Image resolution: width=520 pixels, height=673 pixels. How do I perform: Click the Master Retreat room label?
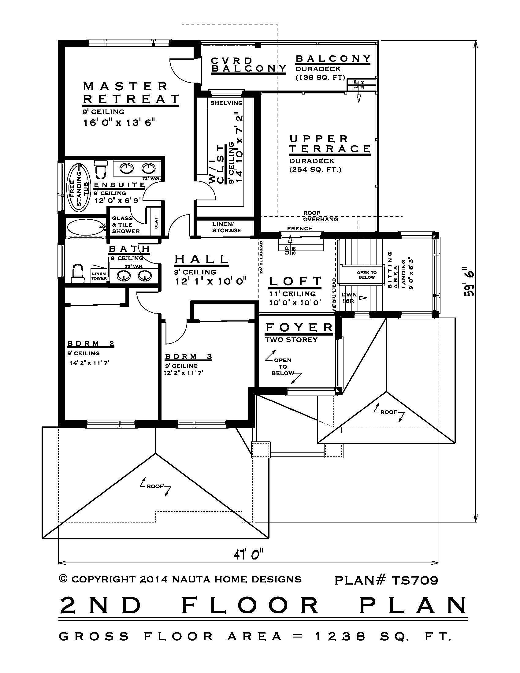pos(131,92)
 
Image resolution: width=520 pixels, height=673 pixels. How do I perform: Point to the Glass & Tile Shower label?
pos(126,225)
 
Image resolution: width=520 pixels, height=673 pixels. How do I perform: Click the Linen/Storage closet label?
pos(226,227)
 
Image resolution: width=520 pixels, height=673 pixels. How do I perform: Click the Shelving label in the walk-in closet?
pos(226,103)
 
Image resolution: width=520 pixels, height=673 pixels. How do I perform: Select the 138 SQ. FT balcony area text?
pos(320,78)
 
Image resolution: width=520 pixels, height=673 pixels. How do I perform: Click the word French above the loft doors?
pos(300,228)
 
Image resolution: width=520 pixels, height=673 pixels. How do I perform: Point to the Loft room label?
pos(295,281)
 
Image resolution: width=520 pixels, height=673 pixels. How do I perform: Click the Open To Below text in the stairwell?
pos(366,275)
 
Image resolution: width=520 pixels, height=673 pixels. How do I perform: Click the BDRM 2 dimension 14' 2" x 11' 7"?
pos(90,363)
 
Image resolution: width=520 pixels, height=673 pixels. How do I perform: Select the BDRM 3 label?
pos(188,356)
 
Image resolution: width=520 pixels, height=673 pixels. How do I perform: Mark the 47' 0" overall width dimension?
pos(248,554)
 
